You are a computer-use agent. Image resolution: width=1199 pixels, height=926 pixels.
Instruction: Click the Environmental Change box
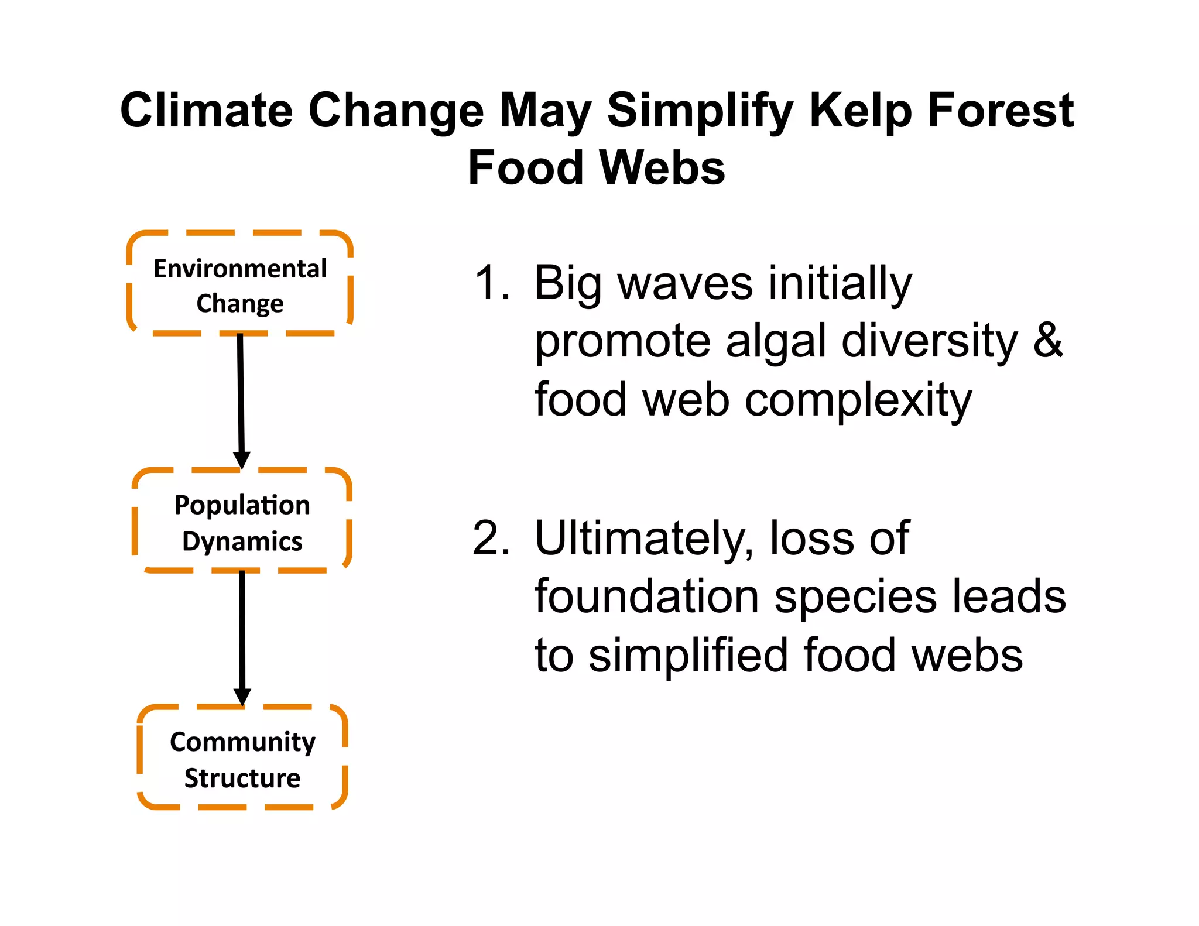pos(240,284)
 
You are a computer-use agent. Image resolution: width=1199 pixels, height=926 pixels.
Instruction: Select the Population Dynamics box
pos(242,522)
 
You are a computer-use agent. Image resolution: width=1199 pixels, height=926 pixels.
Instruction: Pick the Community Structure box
pos(242,759)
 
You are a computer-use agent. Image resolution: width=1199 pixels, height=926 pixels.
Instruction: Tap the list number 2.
pos(491,539)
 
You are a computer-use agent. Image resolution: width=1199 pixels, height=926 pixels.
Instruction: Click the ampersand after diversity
pos(1047,341)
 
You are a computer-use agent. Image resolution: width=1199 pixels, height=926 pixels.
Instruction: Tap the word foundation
pos(646,596)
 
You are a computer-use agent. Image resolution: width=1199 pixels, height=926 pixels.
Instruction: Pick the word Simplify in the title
pos(700,111)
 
